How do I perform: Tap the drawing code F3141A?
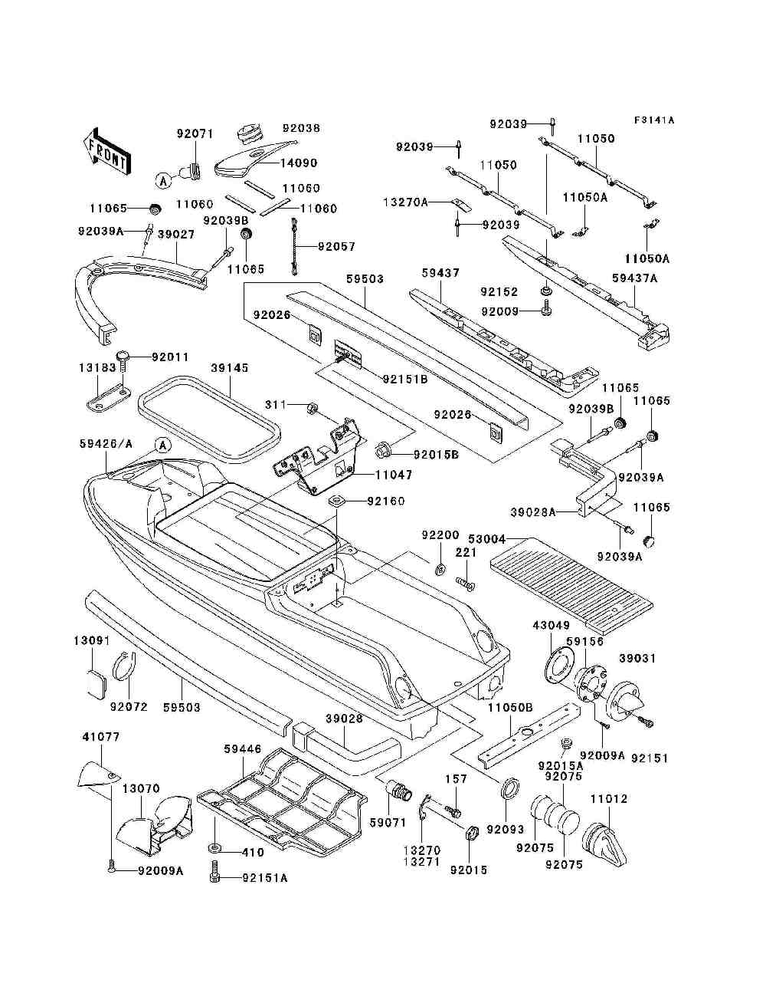tap(653, 120)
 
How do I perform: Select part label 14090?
tap(299, 163)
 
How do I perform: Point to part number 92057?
tap(336, 247)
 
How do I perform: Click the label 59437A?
tap(635, 278)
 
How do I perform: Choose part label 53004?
tap(487, 539)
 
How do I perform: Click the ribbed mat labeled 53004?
tap(571, 587)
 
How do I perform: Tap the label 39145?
tap(230, 368)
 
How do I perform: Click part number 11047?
tap(394, 475)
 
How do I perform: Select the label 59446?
tap(242, 749)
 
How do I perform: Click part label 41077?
tap(101, 737)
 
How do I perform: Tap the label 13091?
tap(92, 641)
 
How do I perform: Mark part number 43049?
tap(552, 625)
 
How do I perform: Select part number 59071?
tap(388, 835)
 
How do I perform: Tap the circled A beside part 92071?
tap(163, 181)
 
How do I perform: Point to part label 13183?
tap(97, 367)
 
